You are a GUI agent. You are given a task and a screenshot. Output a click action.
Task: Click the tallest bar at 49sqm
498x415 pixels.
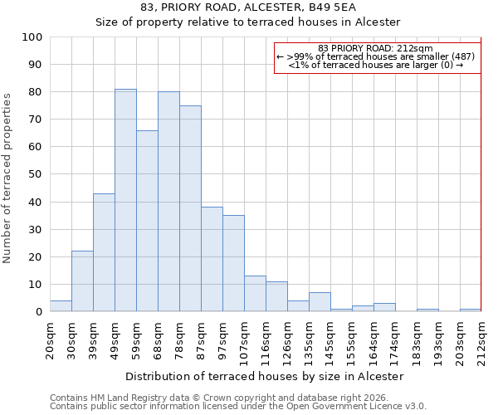click(125, 200)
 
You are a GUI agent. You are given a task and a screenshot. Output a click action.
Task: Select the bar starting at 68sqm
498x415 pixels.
click(168, 202)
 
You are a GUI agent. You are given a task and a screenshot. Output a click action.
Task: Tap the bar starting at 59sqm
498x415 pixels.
click(147, 221)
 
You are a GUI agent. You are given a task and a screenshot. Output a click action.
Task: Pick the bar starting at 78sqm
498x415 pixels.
click(190, 208)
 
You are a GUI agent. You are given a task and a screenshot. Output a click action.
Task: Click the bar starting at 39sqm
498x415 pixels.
click(104, 252)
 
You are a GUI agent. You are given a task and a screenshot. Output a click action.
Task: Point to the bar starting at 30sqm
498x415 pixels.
click(82, 281)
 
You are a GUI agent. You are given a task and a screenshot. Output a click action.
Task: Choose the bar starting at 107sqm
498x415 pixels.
click(255, 294)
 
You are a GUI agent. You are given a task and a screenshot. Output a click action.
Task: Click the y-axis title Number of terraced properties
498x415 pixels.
click(8, 178)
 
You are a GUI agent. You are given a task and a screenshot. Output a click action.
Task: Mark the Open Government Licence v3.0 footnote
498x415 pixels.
click(238, 406)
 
